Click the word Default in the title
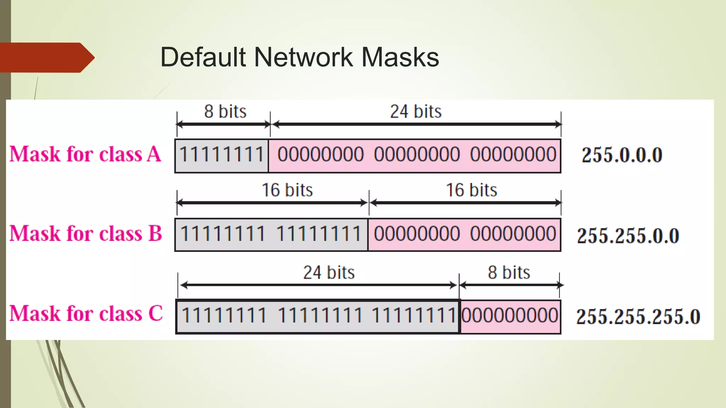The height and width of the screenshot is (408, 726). coord(203,57)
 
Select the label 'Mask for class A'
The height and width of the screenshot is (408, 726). coord(85,154)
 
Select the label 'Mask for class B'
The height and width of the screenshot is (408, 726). coord(85,234)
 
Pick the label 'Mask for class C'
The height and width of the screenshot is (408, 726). coord(86,314)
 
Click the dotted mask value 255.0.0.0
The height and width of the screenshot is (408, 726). coord(622,155)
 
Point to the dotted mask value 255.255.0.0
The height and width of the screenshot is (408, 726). coord(628,236)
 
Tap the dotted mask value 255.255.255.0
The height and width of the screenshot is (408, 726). coord(638,317)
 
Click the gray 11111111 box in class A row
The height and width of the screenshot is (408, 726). coord(222,155)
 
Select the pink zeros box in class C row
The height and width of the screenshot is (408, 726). coord(510,316)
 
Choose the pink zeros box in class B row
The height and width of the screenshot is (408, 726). coord(464,234)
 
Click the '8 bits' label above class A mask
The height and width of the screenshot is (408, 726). coord(225,112)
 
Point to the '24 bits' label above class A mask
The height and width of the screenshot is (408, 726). coord(416,112)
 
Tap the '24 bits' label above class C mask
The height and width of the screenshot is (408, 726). coord(329,273)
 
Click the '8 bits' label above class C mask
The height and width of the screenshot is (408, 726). coord(509,273)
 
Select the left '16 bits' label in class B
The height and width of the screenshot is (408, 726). coord(287,190)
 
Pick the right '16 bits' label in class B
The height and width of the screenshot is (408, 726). coord(471,190)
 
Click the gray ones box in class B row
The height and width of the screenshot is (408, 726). coord(271,234)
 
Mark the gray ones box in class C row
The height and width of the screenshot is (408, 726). coord(317,316)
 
